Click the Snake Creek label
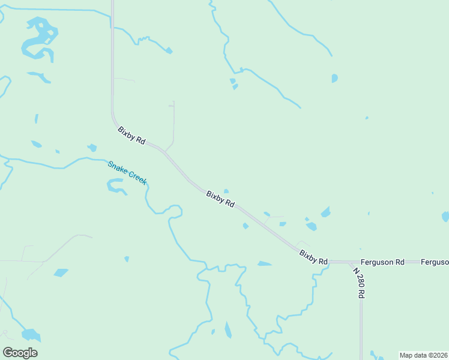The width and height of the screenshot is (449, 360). (x=127, y=172)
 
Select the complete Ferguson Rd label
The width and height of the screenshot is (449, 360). (x=382, y=262)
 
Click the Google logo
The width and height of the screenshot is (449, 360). (x=20, y=353)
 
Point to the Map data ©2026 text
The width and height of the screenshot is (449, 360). (x=424, y=355)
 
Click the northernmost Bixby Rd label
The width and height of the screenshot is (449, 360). (x=131, y=135)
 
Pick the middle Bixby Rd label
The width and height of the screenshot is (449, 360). (x=220, y=199)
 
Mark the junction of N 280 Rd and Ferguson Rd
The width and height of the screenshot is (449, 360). (x=350, y=262)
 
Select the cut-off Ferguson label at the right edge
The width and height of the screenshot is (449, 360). (x=435, y=262)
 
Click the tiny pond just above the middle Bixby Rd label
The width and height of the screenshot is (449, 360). (x=226, y=191)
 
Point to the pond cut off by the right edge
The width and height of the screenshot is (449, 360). (x=445, y=216)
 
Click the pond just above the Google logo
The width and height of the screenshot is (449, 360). (x=30, y=334)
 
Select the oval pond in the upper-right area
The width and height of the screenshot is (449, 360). (x=334, y=78)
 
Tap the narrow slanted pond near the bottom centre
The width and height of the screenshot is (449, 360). (x=228, y=330)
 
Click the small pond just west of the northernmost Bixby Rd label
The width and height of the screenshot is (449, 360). (x=92, y=148)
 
